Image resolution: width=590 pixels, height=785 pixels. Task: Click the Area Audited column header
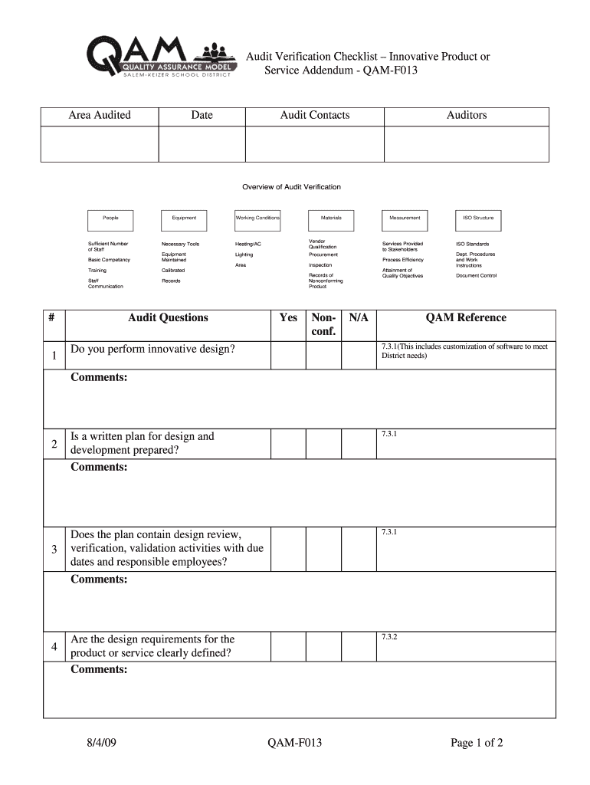pos(100,116)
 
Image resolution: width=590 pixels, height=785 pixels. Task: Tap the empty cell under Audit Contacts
pos(314,143)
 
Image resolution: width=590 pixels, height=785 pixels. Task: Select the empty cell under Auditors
pos(466,143)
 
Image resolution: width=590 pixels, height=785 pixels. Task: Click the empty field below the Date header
pos(202,143)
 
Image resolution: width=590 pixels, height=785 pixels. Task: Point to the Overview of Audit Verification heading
pos(291,187)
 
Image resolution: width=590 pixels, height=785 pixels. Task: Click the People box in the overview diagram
pos(110,218)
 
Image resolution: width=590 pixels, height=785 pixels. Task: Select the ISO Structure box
pos(478,218)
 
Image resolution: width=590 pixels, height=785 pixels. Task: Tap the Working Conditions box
pos(257,218)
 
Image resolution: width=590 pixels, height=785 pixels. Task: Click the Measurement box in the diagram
pos(405,218)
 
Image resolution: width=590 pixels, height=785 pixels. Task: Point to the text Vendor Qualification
pos(323,244)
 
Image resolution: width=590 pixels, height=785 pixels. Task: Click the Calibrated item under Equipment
pos(173,271)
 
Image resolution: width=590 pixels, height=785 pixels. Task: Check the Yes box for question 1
pos(288,355)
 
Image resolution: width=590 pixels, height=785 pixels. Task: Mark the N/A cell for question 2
pos(358,443)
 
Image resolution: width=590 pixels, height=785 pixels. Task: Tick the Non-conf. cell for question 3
pos(324,549)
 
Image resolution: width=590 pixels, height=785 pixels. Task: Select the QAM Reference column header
pos(466,318)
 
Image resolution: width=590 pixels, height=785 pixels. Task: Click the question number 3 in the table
pos(54,549)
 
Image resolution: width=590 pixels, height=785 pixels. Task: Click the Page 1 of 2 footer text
pos(477,743)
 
